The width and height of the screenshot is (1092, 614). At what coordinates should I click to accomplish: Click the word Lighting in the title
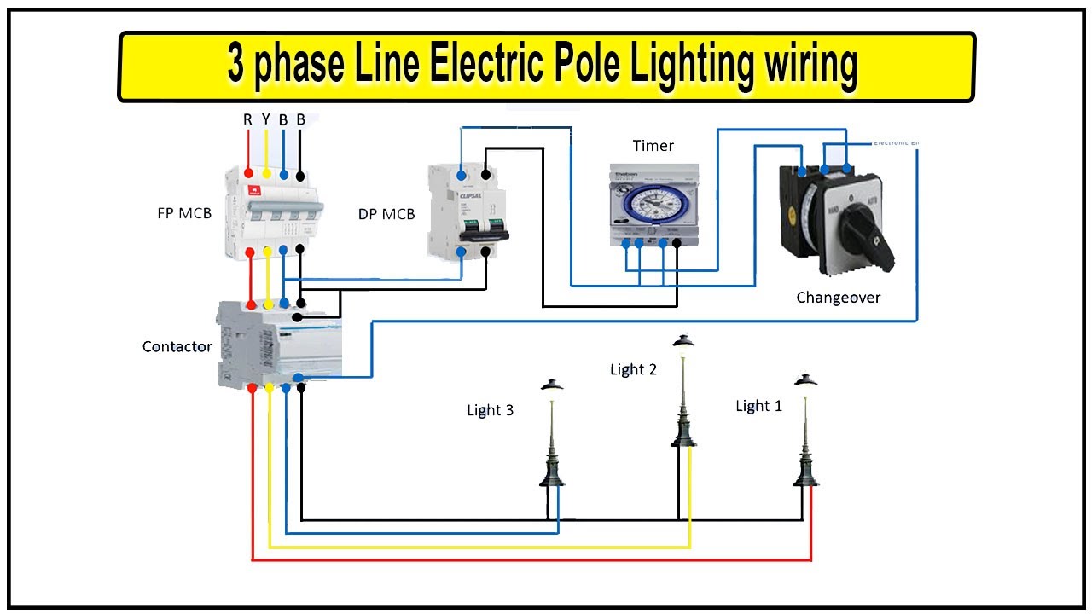670,66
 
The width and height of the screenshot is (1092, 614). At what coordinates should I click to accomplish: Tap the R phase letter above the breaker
248,119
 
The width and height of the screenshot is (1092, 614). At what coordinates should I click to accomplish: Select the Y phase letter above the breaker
266,119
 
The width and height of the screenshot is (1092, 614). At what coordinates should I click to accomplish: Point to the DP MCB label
386,214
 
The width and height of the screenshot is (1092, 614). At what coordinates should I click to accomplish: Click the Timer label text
653,146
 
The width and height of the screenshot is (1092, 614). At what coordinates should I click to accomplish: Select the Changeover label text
838,298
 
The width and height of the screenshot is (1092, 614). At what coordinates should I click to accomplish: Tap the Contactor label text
177,346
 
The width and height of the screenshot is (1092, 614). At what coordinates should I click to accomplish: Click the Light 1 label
758,406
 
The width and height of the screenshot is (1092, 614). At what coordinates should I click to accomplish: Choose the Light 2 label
633,369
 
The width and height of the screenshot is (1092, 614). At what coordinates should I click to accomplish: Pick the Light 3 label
490,410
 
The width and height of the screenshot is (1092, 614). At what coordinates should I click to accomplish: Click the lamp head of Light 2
682,341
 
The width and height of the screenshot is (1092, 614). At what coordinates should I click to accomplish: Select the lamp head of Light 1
805,379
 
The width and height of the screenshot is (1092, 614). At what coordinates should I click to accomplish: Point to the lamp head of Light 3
552,385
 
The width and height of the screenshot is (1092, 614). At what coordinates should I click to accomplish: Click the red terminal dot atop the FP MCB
249,173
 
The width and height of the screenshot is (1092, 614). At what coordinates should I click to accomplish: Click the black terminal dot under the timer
677,244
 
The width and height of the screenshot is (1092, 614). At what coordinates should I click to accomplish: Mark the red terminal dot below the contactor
253,388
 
